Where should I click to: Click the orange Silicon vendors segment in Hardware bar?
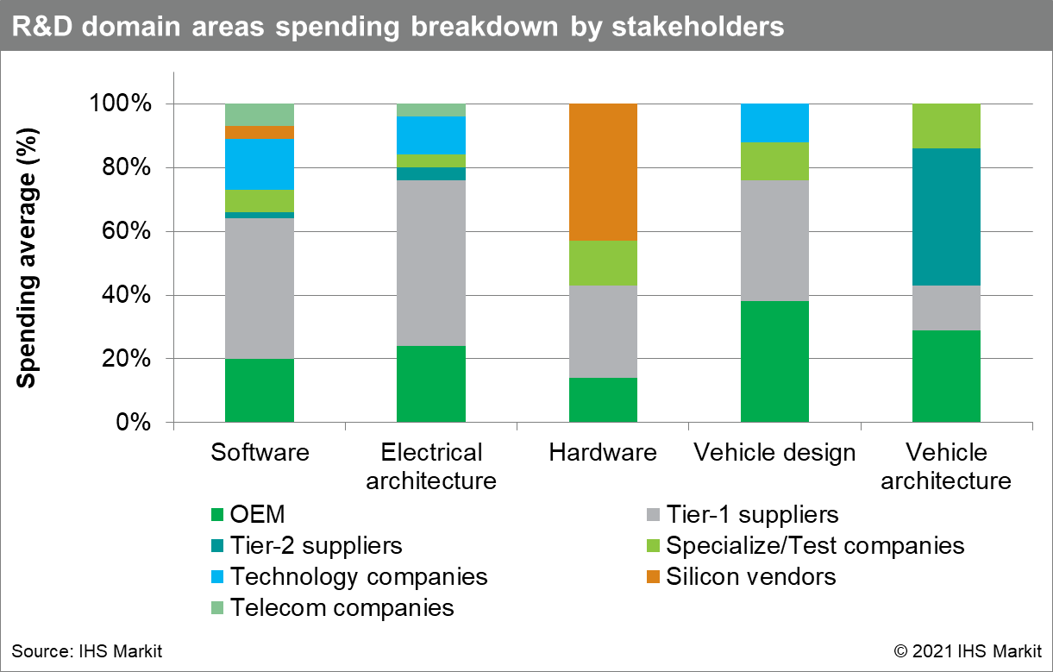click(603, 173)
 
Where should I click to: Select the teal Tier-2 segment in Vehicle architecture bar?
click(946, 217)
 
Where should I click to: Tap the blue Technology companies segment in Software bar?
click(260, 164)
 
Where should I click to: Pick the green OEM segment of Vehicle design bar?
click(774, 361)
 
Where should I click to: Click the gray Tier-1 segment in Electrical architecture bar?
click(431, 263)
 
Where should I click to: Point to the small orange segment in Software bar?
click(260, 132)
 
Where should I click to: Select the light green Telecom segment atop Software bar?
click(260, 115)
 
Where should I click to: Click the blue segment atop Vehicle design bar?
click(774, 122)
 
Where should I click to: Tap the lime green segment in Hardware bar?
click(603, 263)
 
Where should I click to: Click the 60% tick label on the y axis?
click(127, 231)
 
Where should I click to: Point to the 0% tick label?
click(134, 423)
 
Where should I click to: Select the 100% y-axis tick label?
click(121, 103)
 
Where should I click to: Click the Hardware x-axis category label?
click(603, 453)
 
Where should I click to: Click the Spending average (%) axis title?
click(27, 258)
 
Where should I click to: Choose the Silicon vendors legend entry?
click(742, 576)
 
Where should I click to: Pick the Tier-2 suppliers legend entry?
click(307, 545)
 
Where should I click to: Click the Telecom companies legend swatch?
click(217, 608)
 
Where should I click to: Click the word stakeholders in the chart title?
click(698, 27)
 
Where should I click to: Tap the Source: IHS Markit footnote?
click(87, 651)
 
